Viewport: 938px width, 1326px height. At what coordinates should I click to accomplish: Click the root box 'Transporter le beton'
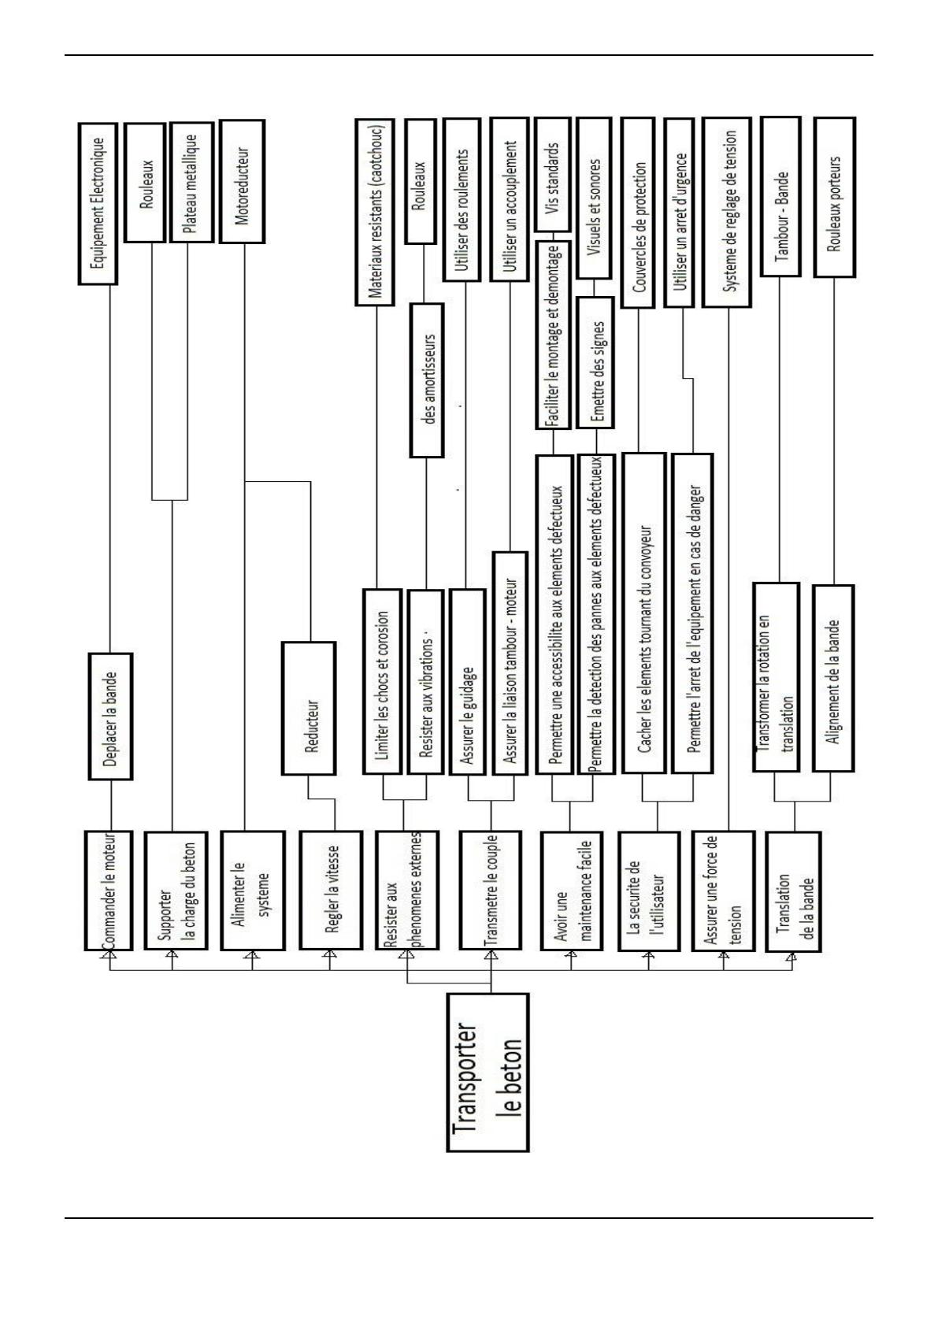487,1072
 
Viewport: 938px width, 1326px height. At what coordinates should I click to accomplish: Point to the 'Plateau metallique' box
191,180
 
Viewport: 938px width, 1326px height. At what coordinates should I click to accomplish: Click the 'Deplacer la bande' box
109,716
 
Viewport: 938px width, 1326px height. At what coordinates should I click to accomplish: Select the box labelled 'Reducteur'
309,708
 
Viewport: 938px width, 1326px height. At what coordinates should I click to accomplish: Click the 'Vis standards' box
553,174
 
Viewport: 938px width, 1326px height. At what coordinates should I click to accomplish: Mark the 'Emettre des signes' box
596,362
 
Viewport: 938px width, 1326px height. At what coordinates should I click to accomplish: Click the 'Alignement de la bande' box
833,678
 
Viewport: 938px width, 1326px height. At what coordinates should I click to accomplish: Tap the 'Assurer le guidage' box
469,681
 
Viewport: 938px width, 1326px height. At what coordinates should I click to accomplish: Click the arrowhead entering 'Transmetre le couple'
491,956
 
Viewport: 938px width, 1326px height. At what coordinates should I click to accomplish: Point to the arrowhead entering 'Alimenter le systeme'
251,956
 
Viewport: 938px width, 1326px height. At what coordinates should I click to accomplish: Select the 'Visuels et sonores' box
595,198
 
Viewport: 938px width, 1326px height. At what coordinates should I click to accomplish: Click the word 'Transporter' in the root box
465,1072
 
